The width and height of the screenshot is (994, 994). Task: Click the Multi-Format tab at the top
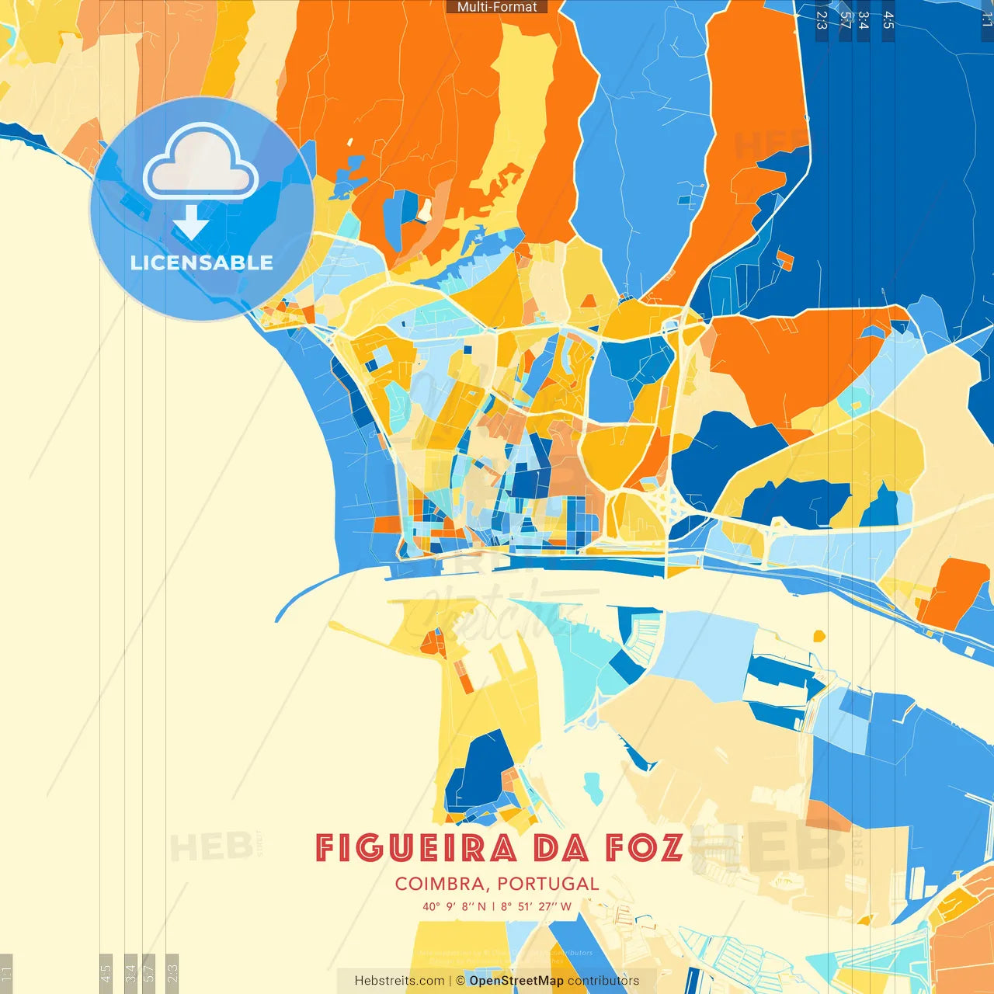(497, 7)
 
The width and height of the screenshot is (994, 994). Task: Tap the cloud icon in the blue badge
(200, 164)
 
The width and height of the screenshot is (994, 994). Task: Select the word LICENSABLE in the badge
(201, 262)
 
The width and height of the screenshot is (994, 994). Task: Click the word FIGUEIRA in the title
(416, 848)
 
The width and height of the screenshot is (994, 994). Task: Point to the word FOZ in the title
(645, 848)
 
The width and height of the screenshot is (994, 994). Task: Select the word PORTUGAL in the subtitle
(548, 884)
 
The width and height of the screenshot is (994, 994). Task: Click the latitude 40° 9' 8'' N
(454, 906)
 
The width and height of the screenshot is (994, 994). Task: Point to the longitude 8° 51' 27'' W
(536, 906)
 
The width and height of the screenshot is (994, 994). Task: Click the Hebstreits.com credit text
(399, 981)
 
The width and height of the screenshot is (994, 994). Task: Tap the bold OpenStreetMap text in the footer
(516, 981)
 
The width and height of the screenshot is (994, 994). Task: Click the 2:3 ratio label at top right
(822, 20)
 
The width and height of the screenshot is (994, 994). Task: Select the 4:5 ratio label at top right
(888, 20)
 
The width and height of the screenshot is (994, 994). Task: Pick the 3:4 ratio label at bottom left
(130, 972)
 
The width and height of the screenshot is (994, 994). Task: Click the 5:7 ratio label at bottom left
(149, 972)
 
